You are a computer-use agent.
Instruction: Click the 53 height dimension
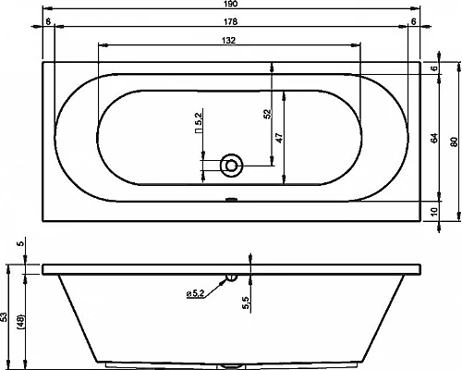click(x=7, y=316)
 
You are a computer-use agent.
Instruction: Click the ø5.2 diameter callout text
click(x=195, y=293)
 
